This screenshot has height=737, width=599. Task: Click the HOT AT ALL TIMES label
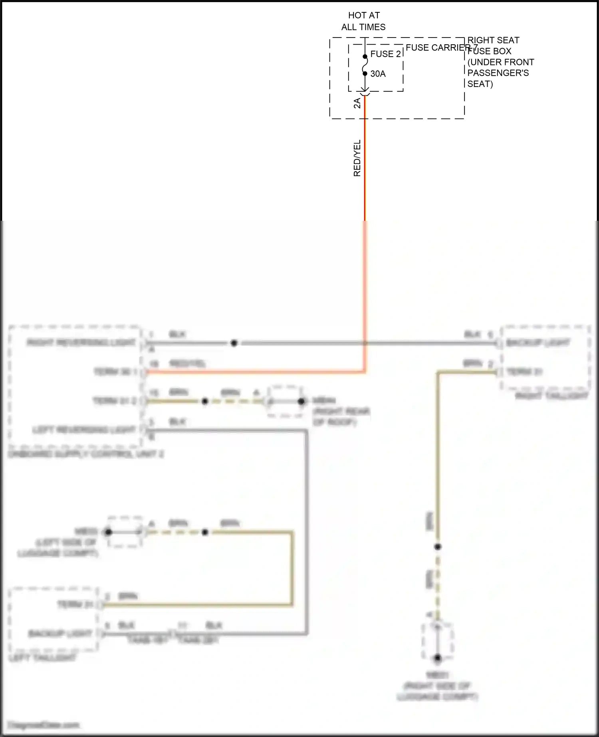pyautogui.click(x=363, y=21)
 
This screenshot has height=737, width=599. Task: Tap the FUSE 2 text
pyautogui.click(x=385, y=54)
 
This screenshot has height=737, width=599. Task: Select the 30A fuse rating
pyautogui.click(x=378, y=74)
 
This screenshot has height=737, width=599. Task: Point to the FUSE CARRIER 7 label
pyautogui.click(x=441, y=48)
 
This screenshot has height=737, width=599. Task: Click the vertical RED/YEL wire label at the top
pyautogui.click(x=357, y=158)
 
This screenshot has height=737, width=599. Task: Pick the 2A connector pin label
pyautogui.click(x=357, y=103)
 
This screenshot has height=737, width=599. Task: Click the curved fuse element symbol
pyautogui.click(x=365, y=65)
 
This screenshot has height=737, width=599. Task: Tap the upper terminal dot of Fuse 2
pyautogui.click(x=365, y=56)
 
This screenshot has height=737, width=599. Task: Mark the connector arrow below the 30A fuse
pyautogui.click(x=365, y=92)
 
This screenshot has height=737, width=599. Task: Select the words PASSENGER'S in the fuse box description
pyautogui.click(x=498, y=73)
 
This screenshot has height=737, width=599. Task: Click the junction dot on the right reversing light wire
pyautogui.click(x=234, y=343)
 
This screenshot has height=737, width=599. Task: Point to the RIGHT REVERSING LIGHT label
pyautogui.click(x=81, y=343)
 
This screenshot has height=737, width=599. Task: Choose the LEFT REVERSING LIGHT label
pyautogui.click(x=84, y=430)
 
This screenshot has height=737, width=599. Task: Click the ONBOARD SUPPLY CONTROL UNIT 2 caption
pyautogui.click(x=86, y=454)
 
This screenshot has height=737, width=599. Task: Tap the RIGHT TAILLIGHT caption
pyautogui.click(x=551, y=396)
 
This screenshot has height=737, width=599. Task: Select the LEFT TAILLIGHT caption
pyautogui.click(x=42, y=658)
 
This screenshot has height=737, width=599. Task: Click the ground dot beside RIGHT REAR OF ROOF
pyautogui.click(x=301, y=401)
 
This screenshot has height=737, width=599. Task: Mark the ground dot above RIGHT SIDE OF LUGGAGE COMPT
pyautogui.click(x=438, y=658)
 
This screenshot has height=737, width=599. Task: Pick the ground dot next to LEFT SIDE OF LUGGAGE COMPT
pyautogui.click(x=108, y=532)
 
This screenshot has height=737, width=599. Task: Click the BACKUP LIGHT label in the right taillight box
pyautogui.click(x=538, y=343)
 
